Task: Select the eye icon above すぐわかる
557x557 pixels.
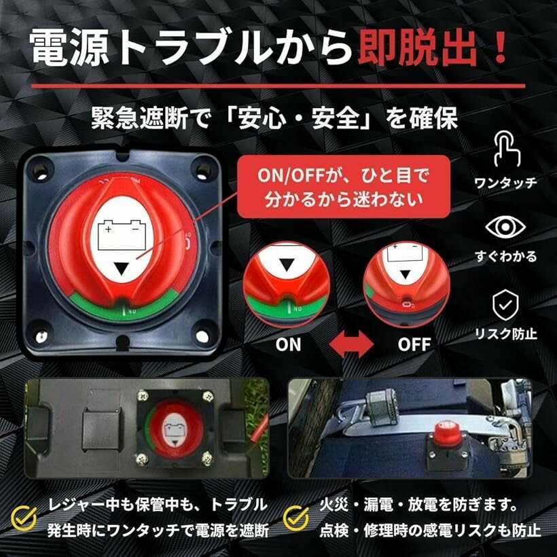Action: [505, 228]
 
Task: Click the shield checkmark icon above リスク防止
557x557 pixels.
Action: [505, 306]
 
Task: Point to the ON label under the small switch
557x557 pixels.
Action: [288, 344]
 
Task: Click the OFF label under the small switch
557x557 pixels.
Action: [414, 344]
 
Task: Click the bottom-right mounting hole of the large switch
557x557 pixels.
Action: [202, 336]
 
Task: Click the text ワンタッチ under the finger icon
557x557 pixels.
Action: [505, 182]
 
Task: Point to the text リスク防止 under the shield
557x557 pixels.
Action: [505, 334]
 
